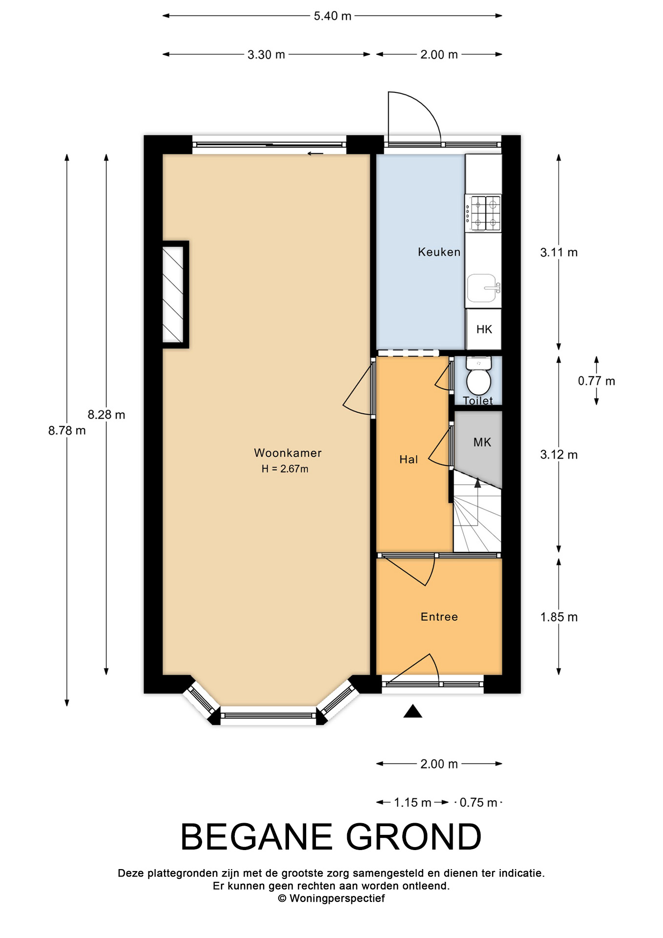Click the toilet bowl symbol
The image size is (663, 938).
click(x=478, y=376)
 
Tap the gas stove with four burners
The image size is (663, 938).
click(x=483, y=213)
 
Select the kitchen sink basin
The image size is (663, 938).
click(x=483, y=288)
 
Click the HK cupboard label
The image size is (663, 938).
click(x=484, y=329)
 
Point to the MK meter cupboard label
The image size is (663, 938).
click(x=482, y=442)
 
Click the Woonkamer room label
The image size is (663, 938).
click(x=288, y=453)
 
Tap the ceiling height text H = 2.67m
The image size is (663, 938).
click(x=285, y=469)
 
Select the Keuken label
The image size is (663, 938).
click(x=439, y=252)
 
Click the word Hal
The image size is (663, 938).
click(x=409, y=459)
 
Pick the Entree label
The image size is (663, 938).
click(x=439, y=617)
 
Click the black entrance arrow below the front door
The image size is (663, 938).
click(x=413, y=711)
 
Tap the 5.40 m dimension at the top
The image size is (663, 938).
click(x=332, y=16)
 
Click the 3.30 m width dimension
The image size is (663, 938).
click(x=266, y=55)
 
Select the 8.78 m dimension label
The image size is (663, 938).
click(x=67, y=430)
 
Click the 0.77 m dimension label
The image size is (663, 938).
click(x=597, y=381)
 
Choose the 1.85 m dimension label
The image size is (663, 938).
click(x=559, y=617)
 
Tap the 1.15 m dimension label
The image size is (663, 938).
click(x=413, y=803)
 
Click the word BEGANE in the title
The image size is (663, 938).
click(x=257, y=837)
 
